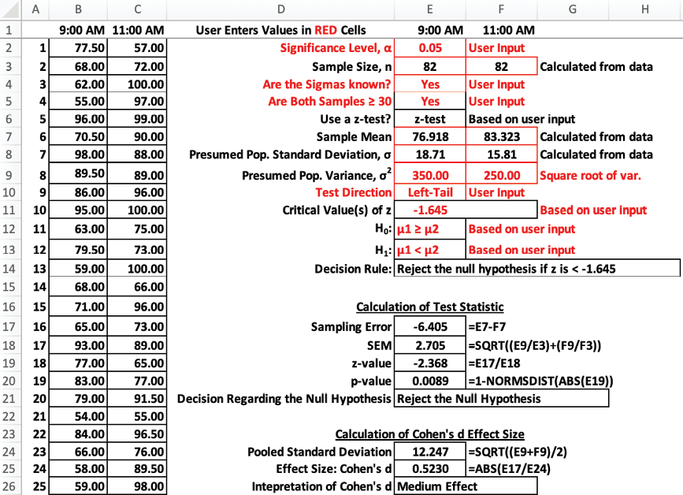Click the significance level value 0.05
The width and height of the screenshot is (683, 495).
pyautogui.click(x=429, y=48)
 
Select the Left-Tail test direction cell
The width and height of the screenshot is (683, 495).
pyautogui.click(x=429, y=192)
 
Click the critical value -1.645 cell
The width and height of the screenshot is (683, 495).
pyautogui.click(x=429, y=210)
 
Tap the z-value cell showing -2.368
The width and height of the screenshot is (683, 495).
pyautogui.click(x=429, y=361)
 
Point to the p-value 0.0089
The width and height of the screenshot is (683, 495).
pyautogui.click(x=429, y=379)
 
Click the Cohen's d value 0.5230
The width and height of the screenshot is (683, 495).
pyautogui.click(x=429, y=469)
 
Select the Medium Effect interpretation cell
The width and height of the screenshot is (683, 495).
pyautogui.click(x=466, y=486)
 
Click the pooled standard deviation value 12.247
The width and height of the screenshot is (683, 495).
pyautogui.click(x=429, y=452)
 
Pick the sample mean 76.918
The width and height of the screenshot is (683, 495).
pyautogui.click(x=429, y=137)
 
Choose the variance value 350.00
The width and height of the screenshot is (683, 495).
pyautogui.click(x=429, y=175)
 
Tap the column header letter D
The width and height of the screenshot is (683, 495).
pyautogui.click(x=280, y=9)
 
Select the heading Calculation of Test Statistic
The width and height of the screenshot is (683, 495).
pyautogui.click(x=429, y=307)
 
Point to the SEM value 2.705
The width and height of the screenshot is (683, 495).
pyautogui.click(x=429, y=344)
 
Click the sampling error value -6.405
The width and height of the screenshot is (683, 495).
pyautogui.click(x=429, y=326)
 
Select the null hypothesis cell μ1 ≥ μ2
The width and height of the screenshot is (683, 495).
pyautogui.click(x=418, y=229)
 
